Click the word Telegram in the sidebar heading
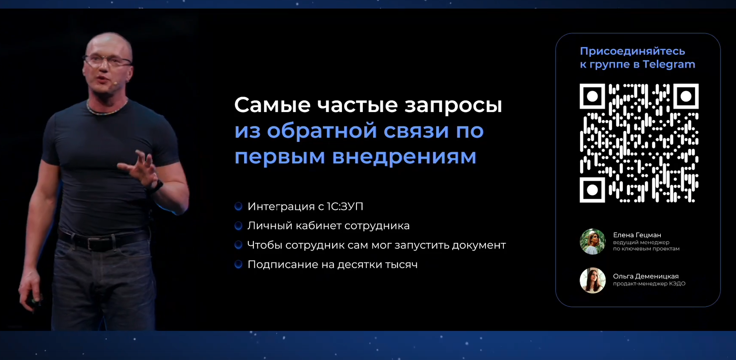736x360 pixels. coord(669,65)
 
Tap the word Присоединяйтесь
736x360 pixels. coord(632,51)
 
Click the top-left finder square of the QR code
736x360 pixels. coord(592,96)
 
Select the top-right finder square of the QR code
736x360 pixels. coord(686,96)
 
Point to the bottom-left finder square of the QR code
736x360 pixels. coord(592,189)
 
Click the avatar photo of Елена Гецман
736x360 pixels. coord(592,242)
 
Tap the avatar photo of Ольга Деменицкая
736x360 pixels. coord(592,280)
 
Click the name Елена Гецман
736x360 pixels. coord(637,235)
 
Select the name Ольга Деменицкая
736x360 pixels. coord(645,276)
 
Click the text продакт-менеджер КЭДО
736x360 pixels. coord(649,283)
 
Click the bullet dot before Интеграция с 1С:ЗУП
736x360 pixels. coord(238,207)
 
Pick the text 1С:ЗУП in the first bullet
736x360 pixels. coord(345,207)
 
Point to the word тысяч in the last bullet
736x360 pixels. coord(401,265)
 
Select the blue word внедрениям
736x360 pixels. coord(404,156)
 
